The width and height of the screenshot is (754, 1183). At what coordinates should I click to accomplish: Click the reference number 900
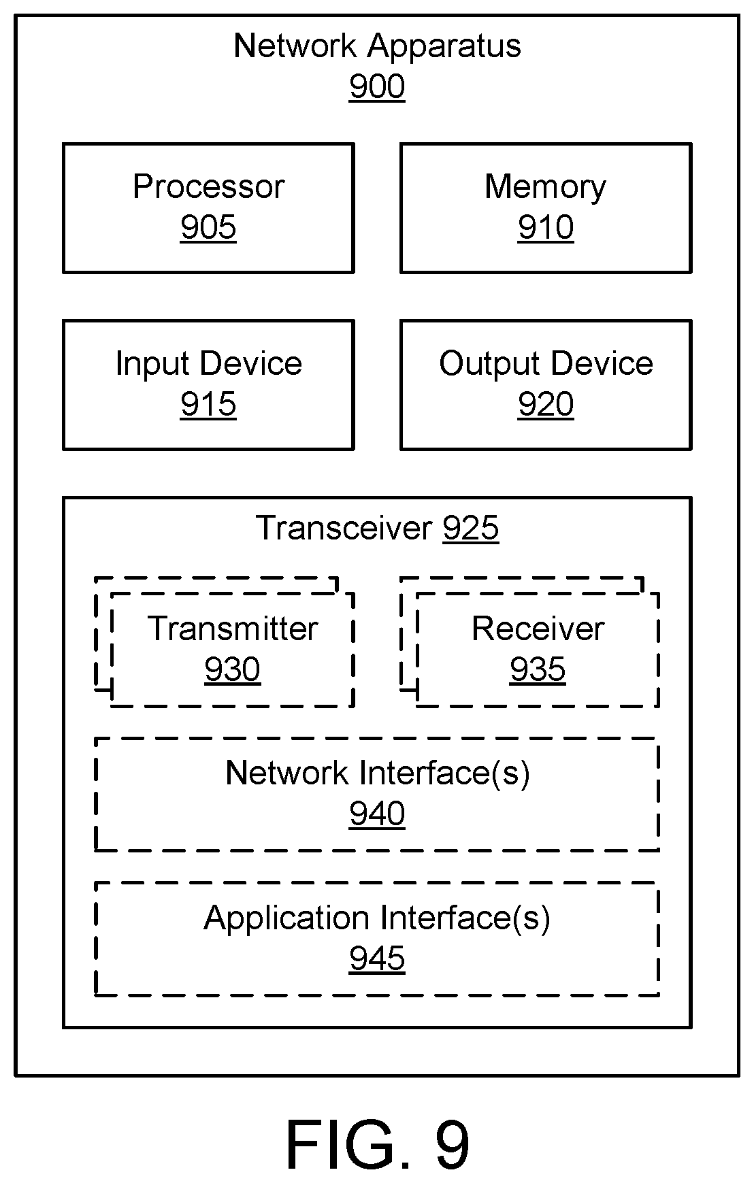tap(377, 86)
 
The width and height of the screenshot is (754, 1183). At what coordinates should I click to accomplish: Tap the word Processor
tap(208, 186)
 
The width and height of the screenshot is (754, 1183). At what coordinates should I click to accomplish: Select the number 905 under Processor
tap(208, 227)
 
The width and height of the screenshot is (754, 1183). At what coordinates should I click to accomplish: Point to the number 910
tap(546, 227)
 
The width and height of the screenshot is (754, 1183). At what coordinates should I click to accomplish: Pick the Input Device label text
tap(208, 364)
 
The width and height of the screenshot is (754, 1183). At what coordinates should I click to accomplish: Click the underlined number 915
tap(208, 404)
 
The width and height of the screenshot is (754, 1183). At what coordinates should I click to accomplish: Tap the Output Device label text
tap(546, 364)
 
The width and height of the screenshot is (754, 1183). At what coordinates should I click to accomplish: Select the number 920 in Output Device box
tap(546, 404)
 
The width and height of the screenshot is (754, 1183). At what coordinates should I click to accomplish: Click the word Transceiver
tap(344, 528)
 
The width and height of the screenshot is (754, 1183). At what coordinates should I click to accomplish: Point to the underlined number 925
tap(471, 528)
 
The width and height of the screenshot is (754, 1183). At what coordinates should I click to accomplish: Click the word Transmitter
tap(233, 629)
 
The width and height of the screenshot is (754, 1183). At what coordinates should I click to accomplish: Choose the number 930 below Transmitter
tap(233, 669)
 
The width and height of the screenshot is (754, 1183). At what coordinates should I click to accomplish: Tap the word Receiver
tap(538, 629)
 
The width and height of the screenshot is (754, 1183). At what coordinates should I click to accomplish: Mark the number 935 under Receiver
tap(538, 669)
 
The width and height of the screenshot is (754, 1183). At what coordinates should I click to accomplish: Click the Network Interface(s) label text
tap(378, 773)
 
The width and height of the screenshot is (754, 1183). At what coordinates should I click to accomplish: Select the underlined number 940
tap(377, 814)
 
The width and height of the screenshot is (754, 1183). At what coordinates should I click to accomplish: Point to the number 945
tap(377, 959)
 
